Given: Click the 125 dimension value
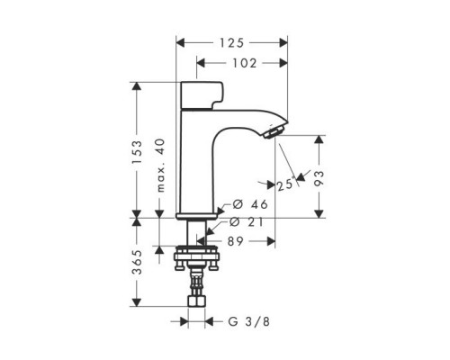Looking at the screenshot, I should pyautogui.click(x=232, y=42).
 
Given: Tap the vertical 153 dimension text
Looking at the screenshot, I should pyautogui.click(x=137, y=149).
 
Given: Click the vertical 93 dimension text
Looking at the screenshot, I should pyautogui.click(x=319, y=176).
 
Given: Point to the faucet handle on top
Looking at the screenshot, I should pyautogui.click(x=202, y=94).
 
